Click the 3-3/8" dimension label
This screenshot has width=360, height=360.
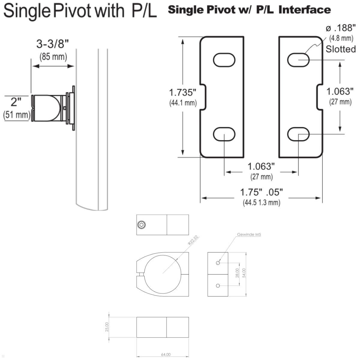pos(53,44)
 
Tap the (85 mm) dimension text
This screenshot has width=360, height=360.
pos(53,56)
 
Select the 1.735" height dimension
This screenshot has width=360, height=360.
pos(183,92)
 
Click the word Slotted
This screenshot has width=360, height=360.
pos(341,49)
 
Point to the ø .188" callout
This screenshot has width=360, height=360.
pos(340,28)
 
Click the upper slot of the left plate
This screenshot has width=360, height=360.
pos(224,60)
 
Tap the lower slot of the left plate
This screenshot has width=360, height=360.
pos(224,134)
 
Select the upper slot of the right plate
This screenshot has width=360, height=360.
pos(298,60)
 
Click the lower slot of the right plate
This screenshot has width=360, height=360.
pos(298,134)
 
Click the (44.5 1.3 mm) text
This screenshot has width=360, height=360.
pos(262,202)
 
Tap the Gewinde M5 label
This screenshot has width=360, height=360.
pos(249,235)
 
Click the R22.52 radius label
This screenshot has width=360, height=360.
pos(193,240)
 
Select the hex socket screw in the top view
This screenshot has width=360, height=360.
pos(142,225)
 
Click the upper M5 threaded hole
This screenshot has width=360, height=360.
pos(218,263)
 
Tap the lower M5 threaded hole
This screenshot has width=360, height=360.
pos(218,286)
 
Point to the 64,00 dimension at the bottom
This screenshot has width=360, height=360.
pos(166,355)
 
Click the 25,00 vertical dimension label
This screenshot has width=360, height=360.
pos(107,327)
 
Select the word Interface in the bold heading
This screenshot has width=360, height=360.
pos(304,10)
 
